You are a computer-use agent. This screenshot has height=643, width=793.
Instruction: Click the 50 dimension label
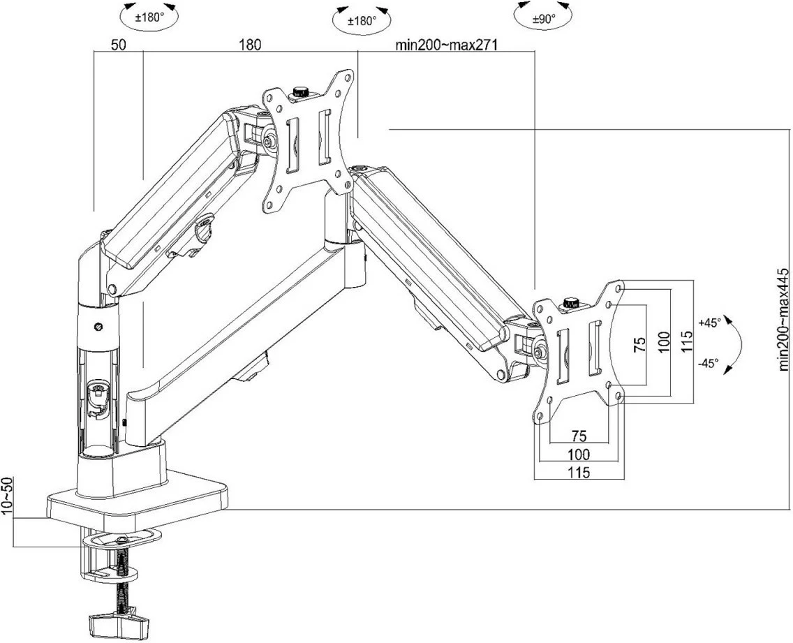click(x=118, y=45)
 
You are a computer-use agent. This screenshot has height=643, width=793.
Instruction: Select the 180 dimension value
click(x=250, y=45)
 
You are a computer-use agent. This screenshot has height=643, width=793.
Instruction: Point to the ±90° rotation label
click(x=543, y=20)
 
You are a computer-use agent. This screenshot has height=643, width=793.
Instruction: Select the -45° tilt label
click(x=708, y=363)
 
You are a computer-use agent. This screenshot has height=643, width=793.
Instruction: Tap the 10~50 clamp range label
click(x=8, y=496)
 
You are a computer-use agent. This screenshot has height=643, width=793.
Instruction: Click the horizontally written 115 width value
click(x=578, y=473)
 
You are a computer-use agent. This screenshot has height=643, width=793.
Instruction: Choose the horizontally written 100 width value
click(x=578, y=454)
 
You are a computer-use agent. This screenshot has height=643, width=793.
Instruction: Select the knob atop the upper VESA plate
click(x=302, y=91)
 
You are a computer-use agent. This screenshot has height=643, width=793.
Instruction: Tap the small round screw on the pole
click(x=99, y=326)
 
